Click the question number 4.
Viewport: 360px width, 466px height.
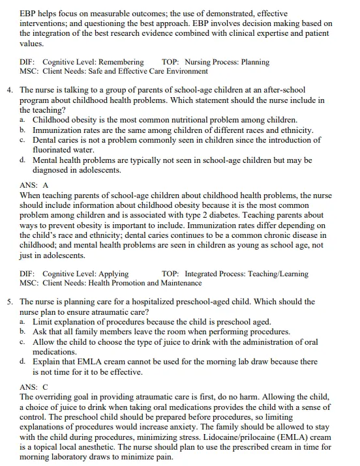tap(10, 90)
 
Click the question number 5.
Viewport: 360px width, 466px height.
tap(10, 302)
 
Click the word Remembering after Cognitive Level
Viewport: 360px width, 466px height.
tap(121, 63)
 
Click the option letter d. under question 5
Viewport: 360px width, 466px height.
tap(23, 362)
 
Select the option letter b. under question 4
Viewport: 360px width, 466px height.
tap(23, 130)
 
